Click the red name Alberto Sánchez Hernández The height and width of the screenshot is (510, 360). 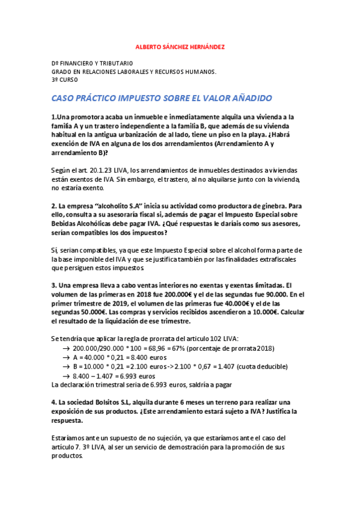[180, 47]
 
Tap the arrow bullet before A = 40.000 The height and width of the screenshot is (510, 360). [66, 358]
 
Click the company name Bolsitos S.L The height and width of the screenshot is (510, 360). [114, 402]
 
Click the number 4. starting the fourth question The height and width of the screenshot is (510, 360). [54, 402]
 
